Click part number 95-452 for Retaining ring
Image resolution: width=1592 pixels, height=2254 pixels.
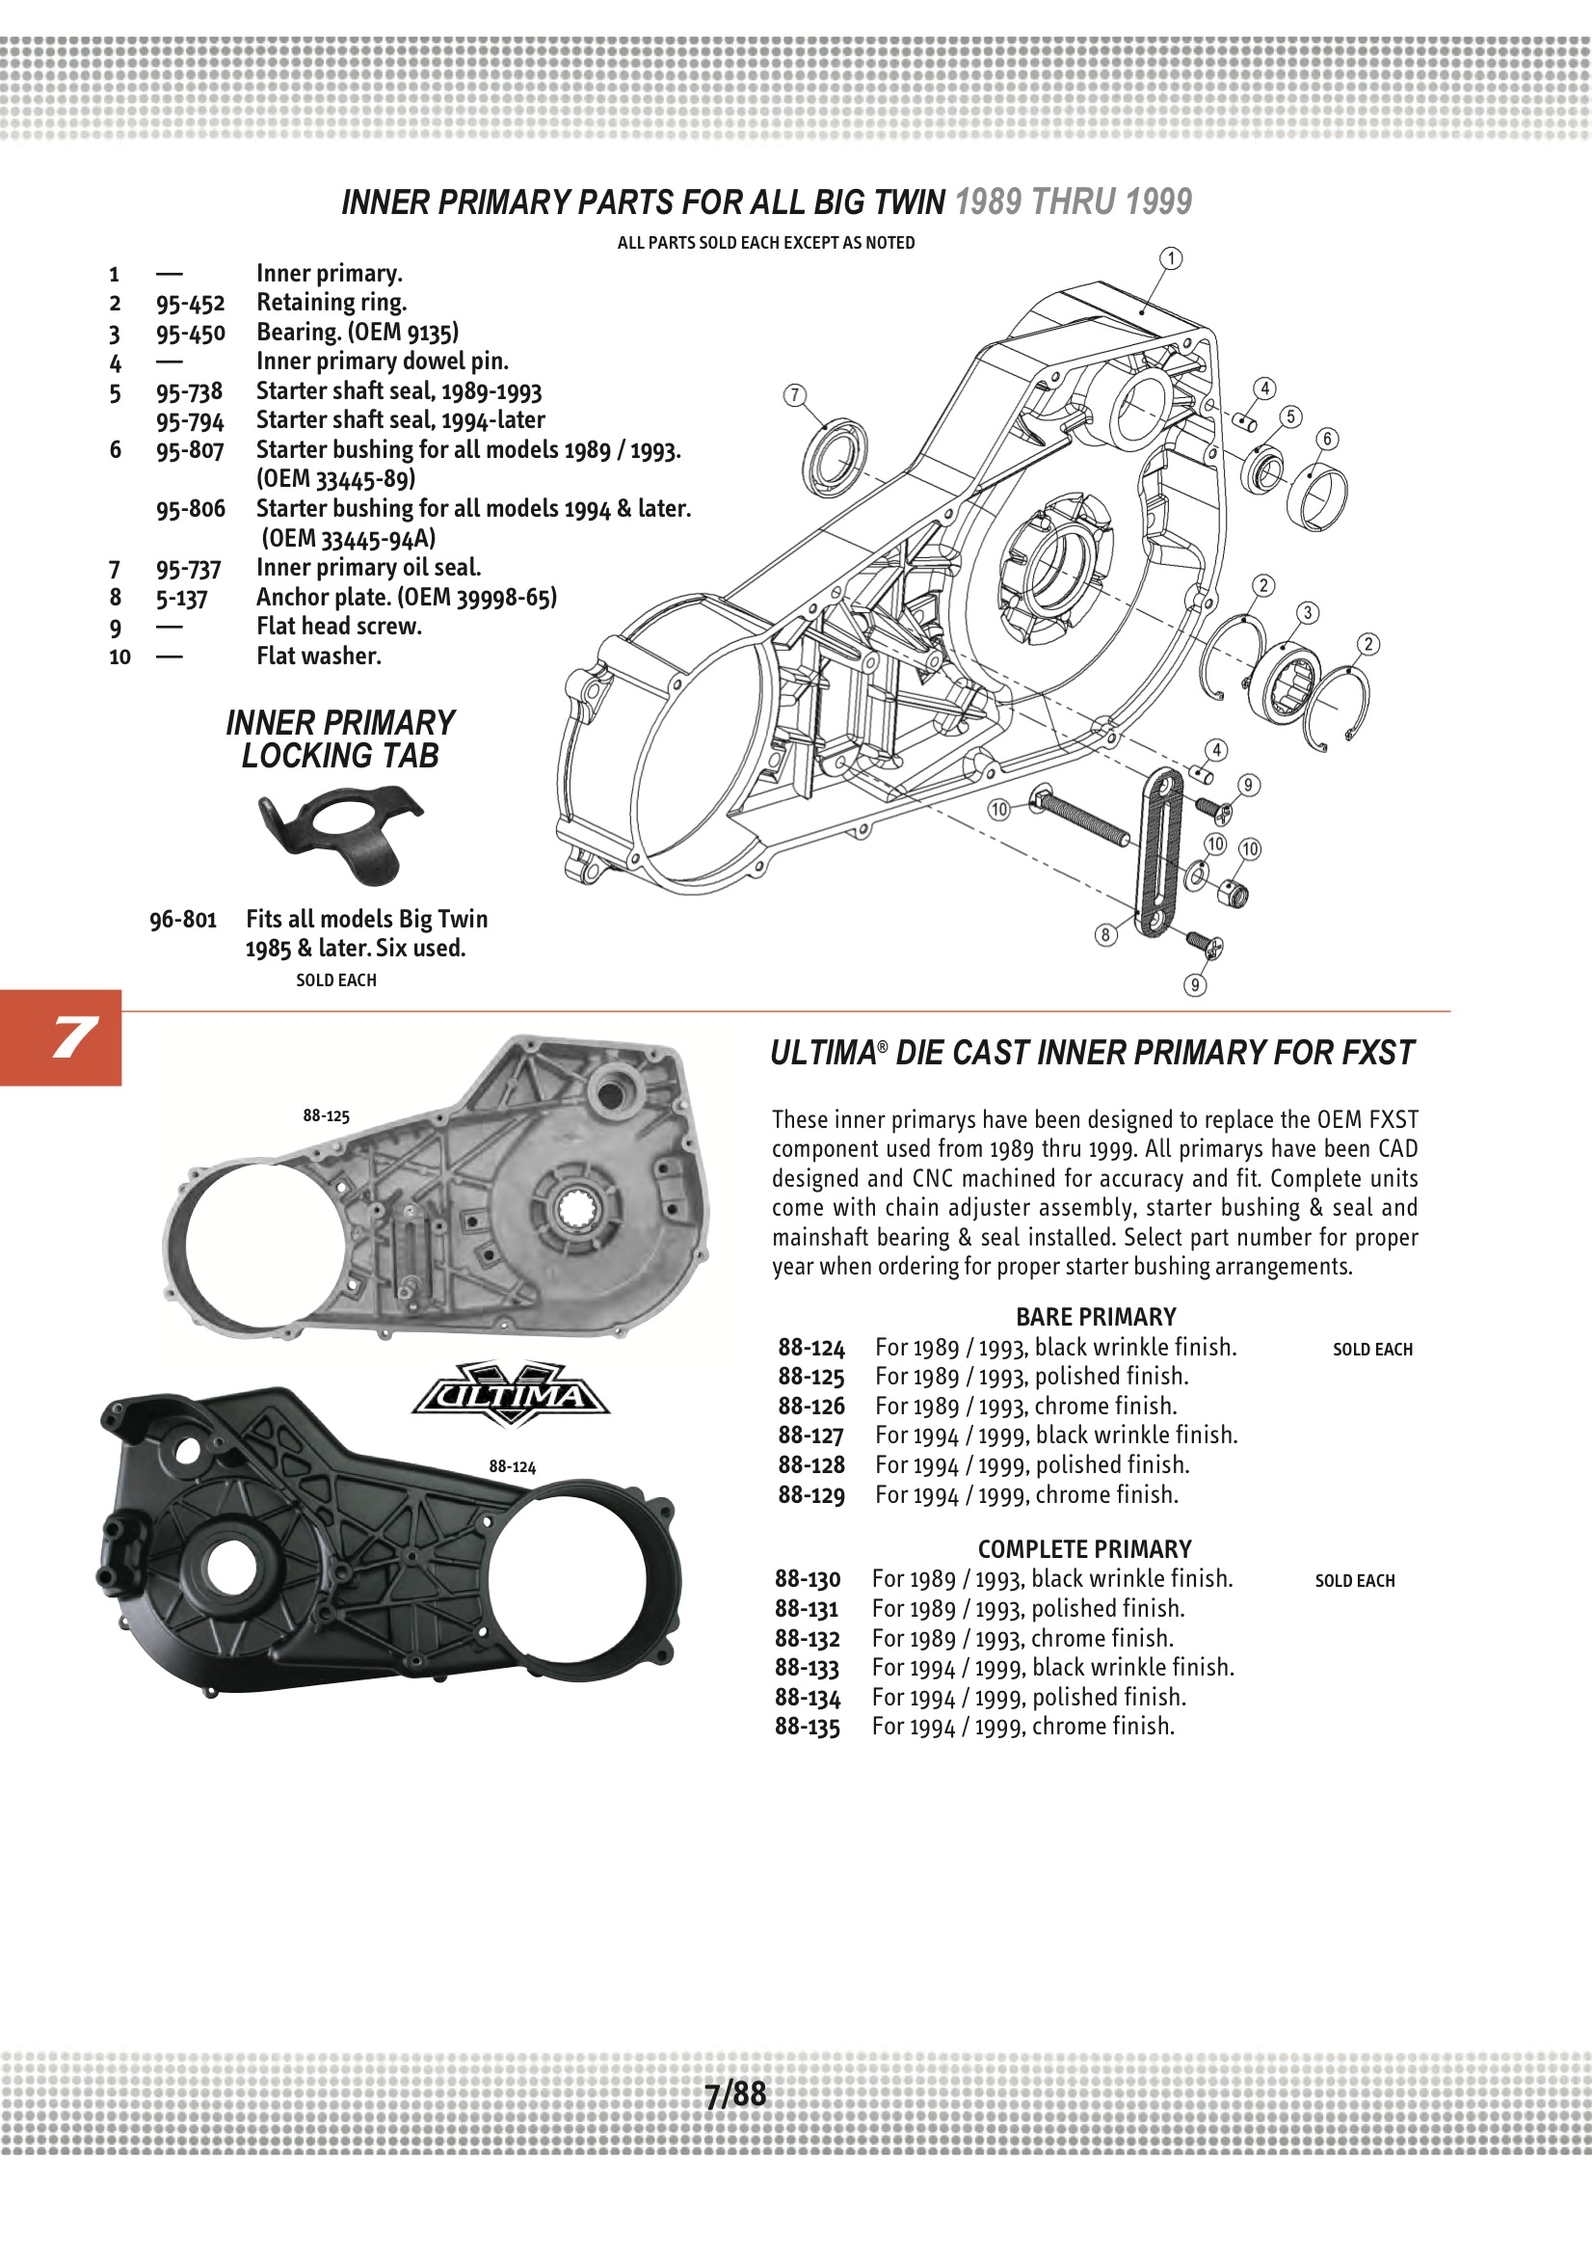pyautogui.click(x=190, y=304)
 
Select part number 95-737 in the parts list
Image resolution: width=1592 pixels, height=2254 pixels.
pyautogui.click(x=189, y=570)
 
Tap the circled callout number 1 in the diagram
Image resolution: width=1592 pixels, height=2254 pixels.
pyautogui.click(x=1171, y=258)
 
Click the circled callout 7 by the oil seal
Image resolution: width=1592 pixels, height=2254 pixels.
pyautogui.click(x=794, y=394)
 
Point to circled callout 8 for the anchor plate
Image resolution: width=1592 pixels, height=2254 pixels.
pyautogui.click(x=1105, y=934)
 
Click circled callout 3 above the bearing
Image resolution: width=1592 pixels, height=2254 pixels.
pyautogui.click(x=1308, y=612)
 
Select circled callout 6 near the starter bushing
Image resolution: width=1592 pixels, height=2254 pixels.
pyautogui.click(x=1327, y=439)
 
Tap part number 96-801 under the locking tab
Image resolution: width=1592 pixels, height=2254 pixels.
pyautogui.click(x=182, y=920)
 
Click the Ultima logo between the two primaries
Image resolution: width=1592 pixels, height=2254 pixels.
pyautogui.click(x=511, y=1394)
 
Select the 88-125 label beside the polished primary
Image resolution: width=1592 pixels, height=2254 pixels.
pyautogui.click(x=326, y=1116)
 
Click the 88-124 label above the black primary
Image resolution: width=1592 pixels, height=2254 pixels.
pyautogui.click(x=513, y=1466)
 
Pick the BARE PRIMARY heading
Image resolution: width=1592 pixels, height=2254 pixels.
pyautogui.click(x=1096, y=1318)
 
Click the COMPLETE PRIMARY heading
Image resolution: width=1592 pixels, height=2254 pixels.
pyautogui.click(x=1083, y=1549)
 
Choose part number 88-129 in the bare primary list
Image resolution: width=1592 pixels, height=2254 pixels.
pyautogui.click(x=810, y=1495)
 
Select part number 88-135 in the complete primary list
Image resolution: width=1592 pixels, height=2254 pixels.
pyautogui.click(x=807, y=1727)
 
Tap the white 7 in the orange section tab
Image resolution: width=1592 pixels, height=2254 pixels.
pyautogui.click(x=72, y=1037)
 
